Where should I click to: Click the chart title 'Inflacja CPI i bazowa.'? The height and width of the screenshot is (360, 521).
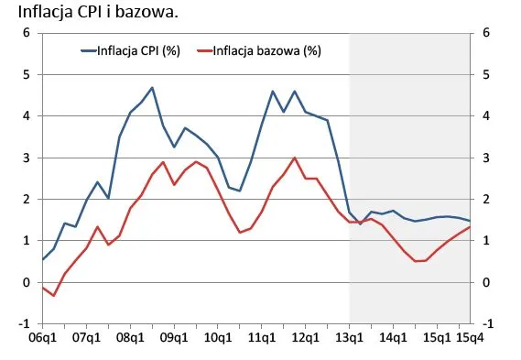[x=77, y=14]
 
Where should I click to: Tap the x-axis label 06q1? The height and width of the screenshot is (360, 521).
[x=43, y=339]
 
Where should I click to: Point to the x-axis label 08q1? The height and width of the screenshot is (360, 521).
[x=131, y=339]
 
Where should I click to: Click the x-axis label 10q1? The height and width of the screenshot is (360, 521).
[x=218, y=339]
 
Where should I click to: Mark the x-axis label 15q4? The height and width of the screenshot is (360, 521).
[x=471, y=339]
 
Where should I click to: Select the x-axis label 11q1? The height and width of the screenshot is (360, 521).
[x=262, y=339]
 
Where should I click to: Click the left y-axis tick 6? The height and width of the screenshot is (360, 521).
[x=27, y=33]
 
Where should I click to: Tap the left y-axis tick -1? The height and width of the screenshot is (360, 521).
[x=25, y=323]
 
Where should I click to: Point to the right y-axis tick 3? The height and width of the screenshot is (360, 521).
[x=485, y=158]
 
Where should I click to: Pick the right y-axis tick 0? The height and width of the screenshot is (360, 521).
[x=485, y=282]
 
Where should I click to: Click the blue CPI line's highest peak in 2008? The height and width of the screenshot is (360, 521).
[x=152, y=88]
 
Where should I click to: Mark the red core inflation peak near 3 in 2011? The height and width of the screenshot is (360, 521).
[x=295, y=158]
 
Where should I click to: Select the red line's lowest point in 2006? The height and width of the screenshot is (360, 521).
[x=54, y=295]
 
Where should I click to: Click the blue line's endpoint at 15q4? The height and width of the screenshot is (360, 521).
[x=471, y=221]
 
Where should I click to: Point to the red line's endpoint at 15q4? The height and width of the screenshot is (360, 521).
[x=471, y=227]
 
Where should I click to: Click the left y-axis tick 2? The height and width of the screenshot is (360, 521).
[x=27, y=199]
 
